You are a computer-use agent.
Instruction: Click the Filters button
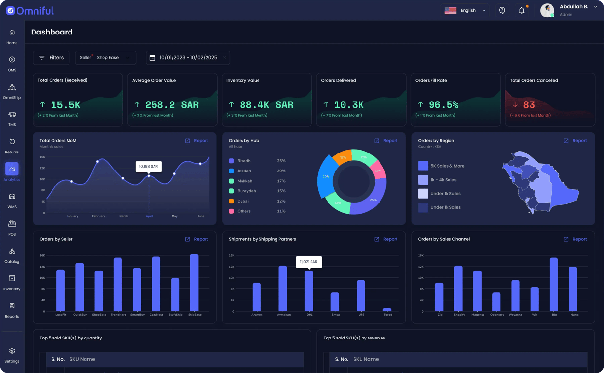coord(51,58)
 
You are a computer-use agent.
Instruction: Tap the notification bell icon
coord(521,10)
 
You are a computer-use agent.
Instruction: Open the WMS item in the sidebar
coord(12,201)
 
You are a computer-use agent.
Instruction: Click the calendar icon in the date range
coord(152,58)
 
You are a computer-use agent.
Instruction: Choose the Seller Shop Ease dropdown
coord(105,58)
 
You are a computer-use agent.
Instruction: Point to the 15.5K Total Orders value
coord(65,105)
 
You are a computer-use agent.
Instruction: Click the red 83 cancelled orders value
coord(529,105)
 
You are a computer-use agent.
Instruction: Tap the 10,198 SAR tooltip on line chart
coord(148,167)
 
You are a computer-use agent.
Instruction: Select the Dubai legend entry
coord(243,201)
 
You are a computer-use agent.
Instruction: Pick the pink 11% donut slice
coord(378,170)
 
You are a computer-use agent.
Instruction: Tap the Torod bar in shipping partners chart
coord(387,309)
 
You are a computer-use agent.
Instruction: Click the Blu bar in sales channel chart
coord(553,285)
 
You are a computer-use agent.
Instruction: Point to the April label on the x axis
coord(149,216)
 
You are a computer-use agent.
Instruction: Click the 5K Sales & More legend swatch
coord(423,166)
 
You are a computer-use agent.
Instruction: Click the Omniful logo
coord(30,10)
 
